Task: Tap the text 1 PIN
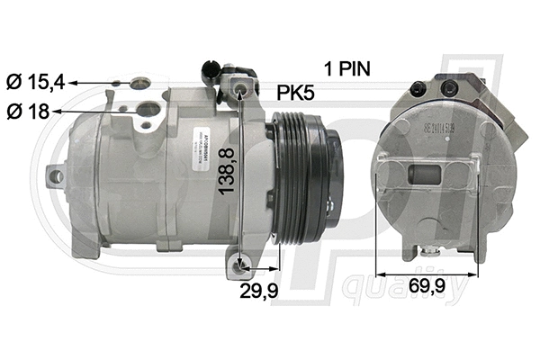347,67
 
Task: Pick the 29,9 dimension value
260,291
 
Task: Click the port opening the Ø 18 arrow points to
148,112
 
